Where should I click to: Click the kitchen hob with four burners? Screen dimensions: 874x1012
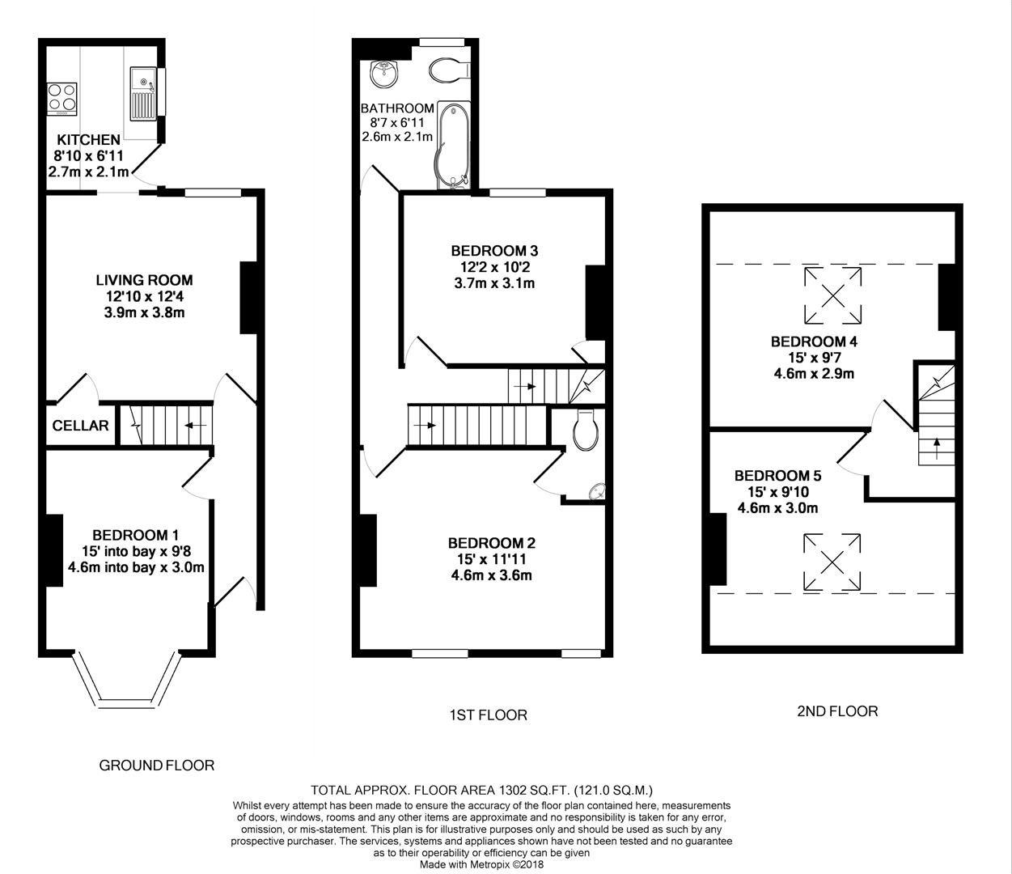click(62, 97)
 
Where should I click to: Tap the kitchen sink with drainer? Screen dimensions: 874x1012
click(144, 94)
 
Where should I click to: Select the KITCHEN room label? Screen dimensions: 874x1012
click(88, 140)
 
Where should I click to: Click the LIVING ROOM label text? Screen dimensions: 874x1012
click(145, 281)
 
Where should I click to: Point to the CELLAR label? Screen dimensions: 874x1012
click(80, 426)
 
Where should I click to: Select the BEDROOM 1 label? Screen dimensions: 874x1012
click(135, 535)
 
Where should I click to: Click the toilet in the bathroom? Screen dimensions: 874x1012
click(446, 70)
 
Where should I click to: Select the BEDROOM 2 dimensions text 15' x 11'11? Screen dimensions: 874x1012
click(492, 559)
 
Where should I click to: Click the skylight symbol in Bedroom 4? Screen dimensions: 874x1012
click(832, 295)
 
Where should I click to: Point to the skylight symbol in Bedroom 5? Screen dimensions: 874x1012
click(832, 562)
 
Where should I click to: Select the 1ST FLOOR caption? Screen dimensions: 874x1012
click(488, 715)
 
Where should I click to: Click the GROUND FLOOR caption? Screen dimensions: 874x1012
click(157, 765)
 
